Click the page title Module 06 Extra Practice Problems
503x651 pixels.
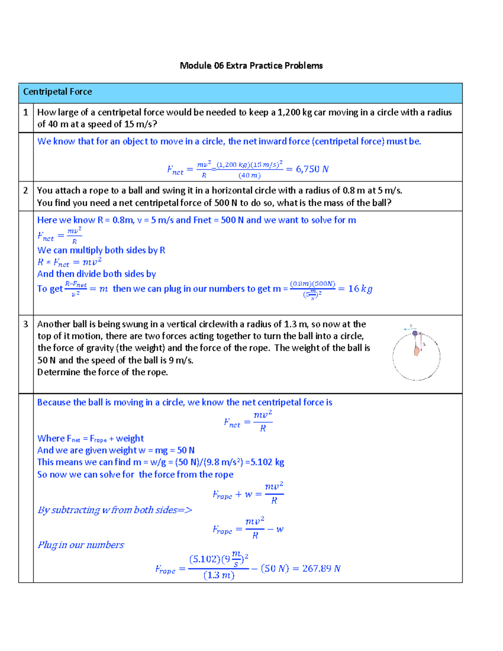click(x=251, y=65)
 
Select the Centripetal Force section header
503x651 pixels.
click(x=57, y=92)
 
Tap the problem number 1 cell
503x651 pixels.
click(x=26, y=112)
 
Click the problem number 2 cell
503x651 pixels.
click(x=26, y=191)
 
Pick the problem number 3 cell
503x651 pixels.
click(x=26, y=324)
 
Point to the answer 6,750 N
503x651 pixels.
click(x=312, y=169)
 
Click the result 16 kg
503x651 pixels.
click(x=360, y=288)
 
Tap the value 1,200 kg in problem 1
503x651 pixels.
click(x=295, y=112)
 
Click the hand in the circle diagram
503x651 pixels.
click(x=417, y=350)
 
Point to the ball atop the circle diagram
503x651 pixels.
click(x=415, y=333)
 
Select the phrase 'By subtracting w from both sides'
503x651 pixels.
click(x=114, y=510)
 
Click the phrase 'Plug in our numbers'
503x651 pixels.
click(x=81, y=545)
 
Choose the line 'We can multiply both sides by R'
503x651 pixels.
click(x=101, y=250)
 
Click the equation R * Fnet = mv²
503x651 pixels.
click(x=70, y=262)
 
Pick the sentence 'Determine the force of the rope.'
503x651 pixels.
click(x=102, y=372)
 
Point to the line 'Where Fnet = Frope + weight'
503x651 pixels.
click(x=91, y=438)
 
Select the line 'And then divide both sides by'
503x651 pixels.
click(x=96, y=274)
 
